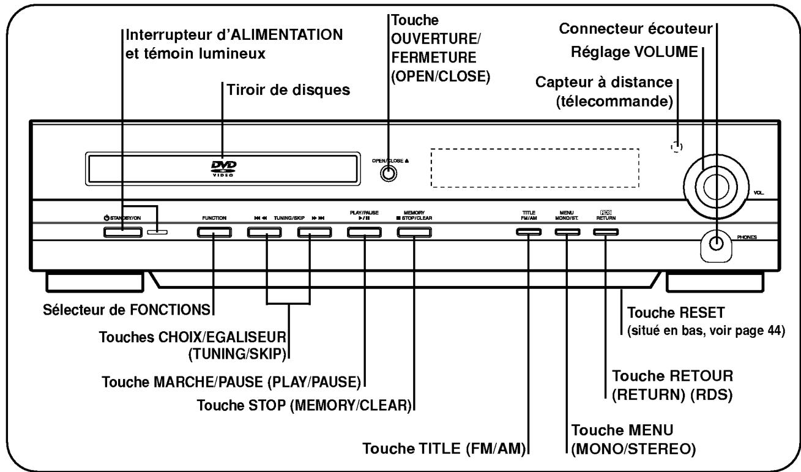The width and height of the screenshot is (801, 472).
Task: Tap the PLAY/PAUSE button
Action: (364, 232)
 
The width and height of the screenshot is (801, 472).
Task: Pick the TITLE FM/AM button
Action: (528, 232)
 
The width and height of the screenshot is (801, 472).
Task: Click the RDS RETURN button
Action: (605, 232)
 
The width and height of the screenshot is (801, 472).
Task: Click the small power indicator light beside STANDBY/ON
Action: (157, 232)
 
